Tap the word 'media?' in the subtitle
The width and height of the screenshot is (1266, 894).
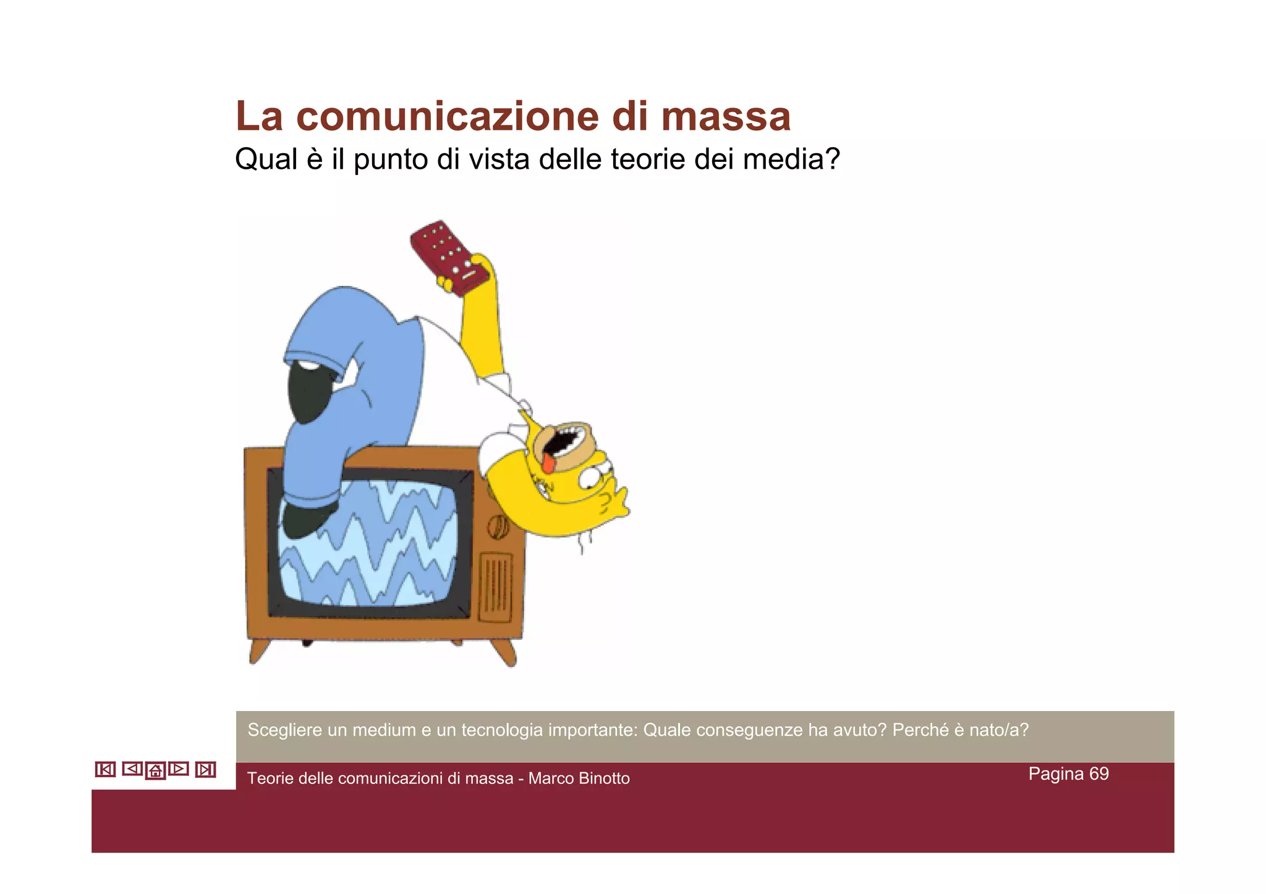pos(792,159)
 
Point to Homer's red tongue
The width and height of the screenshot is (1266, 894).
pos(549,462)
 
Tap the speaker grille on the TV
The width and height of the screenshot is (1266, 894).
pos(496,587)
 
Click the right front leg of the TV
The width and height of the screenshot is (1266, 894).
pos(504,652)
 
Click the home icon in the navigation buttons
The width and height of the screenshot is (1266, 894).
pos(155,770)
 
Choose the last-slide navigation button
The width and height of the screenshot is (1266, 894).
pos(205,770)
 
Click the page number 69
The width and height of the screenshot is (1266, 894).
pos(1099,774)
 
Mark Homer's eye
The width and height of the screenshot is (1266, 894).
pos(595,479)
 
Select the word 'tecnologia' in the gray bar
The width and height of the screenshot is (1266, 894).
pos(502,730)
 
